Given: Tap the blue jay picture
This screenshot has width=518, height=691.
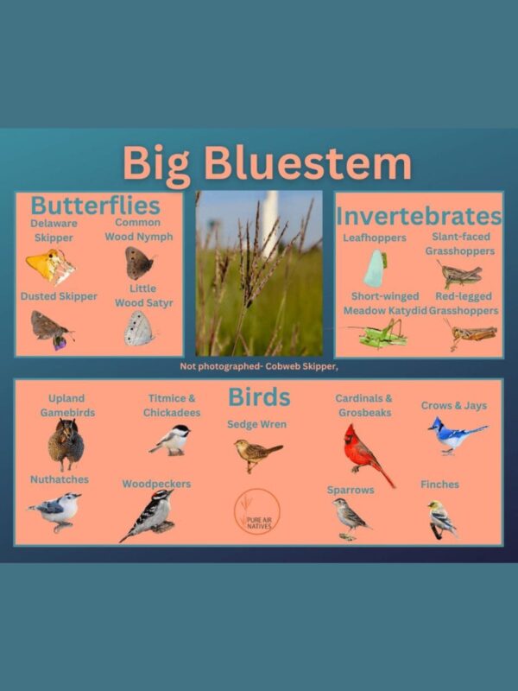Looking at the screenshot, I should point(455,435).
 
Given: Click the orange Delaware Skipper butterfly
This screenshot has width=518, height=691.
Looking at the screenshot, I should point(50,265).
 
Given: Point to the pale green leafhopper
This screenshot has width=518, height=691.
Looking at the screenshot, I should point(375,269).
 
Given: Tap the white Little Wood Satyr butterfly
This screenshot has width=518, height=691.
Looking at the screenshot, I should point(138,328).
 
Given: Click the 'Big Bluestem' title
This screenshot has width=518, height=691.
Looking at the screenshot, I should point(266,164).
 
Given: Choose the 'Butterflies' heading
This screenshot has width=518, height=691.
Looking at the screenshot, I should point(95,206).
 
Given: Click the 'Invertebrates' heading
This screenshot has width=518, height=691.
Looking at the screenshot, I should point(419,216).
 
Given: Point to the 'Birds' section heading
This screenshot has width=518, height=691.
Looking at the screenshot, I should point(259,397).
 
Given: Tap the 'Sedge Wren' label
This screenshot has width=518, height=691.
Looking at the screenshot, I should point(256,424).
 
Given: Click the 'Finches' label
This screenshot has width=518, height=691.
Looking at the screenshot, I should point(440,485).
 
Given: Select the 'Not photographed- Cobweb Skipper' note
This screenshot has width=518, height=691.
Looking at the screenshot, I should point(258,366).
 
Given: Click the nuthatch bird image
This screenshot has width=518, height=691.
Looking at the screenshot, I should point(57,512).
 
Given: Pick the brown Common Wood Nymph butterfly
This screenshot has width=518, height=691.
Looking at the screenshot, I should point(138,263).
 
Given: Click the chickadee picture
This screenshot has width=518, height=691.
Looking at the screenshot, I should point(172,440).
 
